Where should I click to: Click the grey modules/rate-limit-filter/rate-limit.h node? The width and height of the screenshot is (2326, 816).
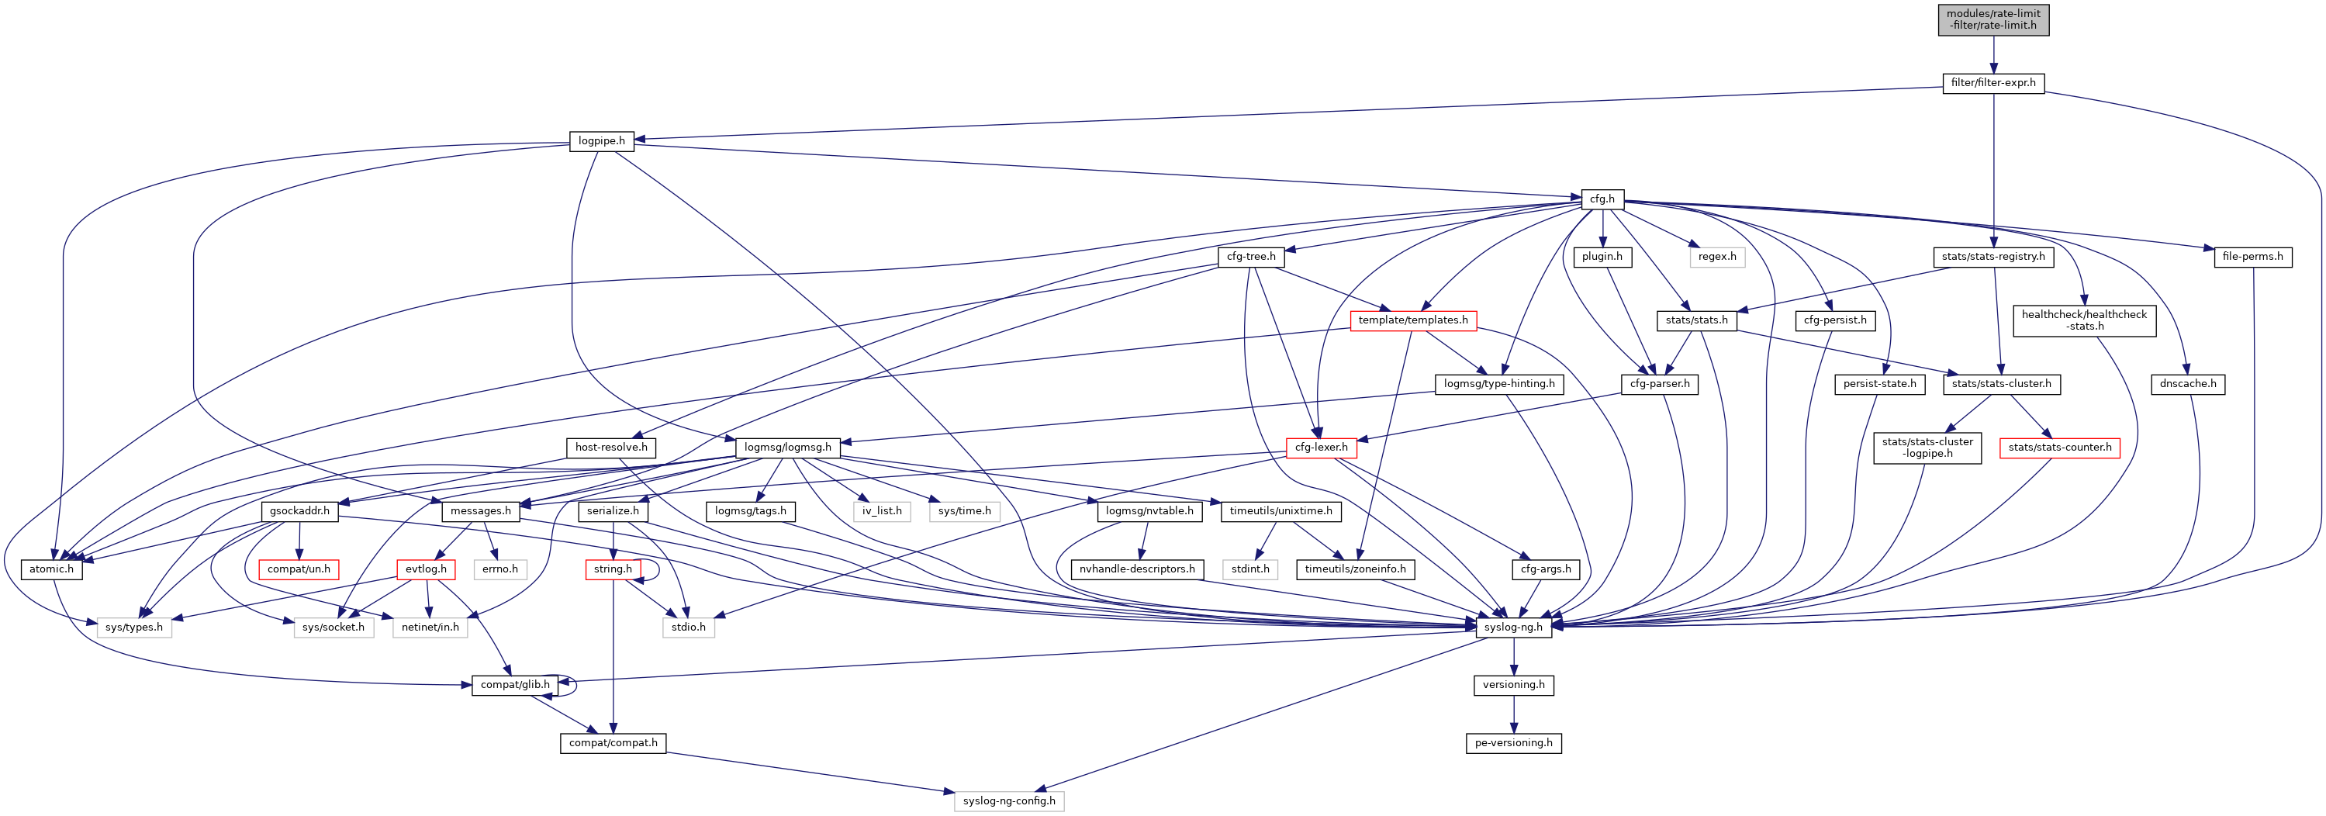[x=1992, y=19]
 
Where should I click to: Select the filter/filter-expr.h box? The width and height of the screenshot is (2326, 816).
[x=1992, y=83]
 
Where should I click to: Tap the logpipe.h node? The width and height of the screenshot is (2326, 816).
[x=601, y=142]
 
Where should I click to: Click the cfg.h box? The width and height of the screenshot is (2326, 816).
[x=1602, y=199]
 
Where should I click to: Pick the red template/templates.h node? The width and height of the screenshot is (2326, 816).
[x=1412, y=320]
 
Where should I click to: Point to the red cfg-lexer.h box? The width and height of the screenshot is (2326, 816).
[x=1320, y=448]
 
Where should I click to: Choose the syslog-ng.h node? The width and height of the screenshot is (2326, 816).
[x=1513, y=628]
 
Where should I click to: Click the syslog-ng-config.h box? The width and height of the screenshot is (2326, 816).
[x=1008, y=801]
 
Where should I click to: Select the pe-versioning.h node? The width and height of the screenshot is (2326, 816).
[x=1513, y=744]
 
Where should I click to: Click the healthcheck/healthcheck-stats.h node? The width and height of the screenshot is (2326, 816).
[x=2084, y=320]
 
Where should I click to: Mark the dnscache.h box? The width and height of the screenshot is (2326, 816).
[x=2188, y=385]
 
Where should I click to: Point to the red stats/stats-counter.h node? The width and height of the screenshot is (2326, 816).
[x=2060, y=448]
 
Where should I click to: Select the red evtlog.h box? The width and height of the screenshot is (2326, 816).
[x=425, y=569]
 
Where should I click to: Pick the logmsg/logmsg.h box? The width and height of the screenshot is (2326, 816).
[x=787, y=448]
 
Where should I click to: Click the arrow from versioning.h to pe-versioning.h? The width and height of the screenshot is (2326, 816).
[x=1513, y=714]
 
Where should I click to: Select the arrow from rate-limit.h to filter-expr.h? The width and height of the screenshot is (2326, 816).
[x=1992, y=55]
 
